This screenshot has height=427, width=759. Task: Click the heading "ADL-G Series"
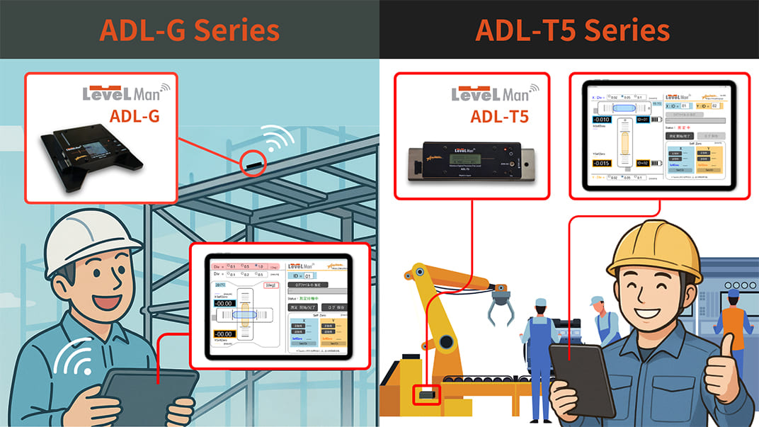pos(189,30)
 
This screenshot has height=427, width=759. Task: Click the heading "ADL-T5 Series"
pos(572,30)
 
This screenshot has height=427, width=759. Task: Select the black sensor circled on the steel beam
pos(254,164)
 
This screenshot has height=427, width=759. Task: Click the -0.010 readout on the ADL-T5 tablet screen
pos(603,119)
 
